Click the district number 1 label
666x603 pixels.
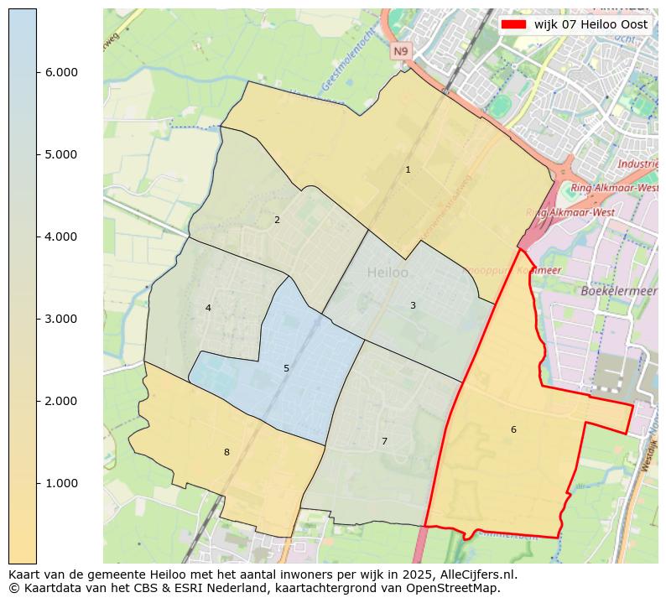[x=408, y=170]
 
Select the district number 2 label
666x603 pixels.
[x=277, y=221]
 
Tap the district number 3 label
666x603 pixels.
[x=413, y=306]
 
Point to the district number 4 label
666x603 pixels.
[x=208, y=309]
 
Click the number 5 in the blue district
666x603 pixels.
[x=286, y=369]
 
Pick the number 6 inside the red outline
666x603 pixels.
[x=513, y=430]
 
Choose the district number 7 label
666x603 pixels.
[x=384, y=442]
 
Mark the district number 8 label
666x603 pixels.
[x=226, y=453]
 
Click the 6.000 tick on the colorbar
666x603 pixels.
[x=60, y=73]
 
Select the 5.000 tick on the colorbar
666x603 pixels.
[x=60, y=155]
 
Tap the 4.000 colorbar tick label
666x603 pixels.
[x=60, y=237]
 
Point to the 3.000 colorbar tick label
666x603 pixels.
[x=60, y=320]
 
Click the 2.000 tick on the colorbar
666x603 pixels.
[x=60, y=402]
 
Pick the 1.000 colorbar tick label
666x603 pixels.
[x=60, y=484]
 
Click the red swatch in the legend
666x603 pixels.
[x=513, y=25]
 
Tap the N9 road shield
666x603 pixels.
[x=401, y=52]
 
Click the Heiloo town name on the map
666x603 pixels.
[x=388, y=273]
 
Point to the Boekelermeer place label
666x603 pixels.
[x=618, y=291]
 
